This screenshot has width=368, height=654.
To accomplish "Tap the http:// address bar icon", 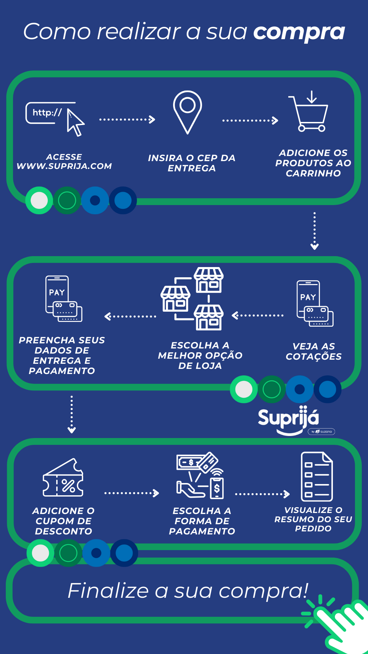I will (48, 113).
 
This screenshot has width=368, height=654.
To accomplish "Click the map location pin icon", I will (187, 111).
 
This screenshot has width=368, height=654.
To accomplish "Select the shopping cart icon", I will (309, 112).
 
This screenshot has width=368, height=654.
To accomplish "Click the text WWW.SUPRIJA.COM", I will (64, 166).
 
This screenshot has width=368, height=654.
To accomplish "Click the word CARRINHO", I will (313, 173).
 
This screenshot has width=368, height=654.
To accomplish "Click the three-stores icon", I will (193, 299).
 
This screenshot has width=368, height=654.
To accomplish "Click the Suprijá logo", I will (289, 419).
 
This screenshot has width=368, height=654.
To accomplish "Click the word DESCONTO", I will (64, 531).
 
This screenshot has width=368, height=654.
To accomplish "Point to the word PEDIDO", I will (313, 529).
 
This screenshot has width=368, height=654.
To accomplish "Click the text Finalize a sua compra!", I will (188, 590).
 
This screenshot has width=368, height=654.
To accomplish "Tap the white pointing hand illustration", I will (341, 627).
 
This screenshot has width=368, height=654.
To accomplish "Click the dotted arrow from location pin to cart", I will (250, 120).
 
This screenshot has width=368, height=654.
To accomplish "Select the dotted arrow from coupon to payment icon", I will (132, 493).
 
